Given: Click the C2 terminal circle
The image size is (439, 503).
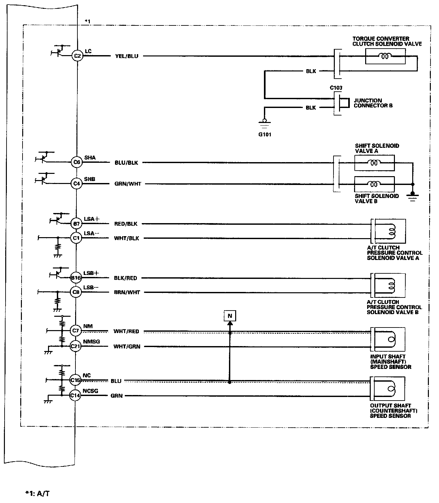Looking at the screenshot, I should coord(77,56).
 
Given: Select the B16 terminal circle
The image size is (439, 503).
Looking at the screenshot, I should coord(76,278).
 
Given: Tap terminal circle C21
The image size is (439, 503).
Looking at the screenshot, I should coord(75,346).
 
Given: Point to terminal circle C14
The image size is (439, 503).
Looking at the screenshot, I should coord(75,396).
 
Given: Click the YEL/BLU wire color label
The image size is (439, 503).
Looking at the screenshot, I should coord(127,56).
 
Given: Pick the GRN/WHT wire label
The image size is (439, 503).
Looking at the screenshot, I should coord(128,184).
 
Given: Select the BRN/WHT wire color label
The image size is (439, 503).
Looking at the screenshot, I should coord(127,292).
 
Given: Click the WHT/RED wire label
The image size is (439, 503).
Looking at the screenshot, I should coord(126,331).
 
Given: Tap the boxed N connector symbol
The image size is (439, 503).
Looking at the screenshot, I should coord(230,316).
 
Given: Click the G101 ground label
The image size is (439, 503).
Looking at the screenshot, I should coord(265,134).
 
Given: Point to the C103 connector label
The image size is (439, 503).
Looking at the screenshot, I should coord(336,88).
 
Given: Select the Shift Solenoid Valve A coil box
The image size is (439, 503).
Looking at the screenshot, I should coord(374,162).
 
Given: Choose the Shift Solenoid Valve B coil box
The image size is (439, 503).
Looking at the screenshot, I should coord(374,184).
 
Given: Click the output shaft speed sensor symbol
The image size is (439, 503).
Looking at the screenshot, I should coord(389,389).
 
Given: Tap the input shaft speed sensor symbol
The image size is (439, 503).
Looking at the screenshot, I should coord(389,339).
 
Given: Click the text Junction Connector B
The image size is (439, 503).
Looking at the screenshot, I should coord(373,103).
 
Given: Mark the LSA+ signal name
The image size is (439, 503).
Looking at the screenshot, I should coord(91,219).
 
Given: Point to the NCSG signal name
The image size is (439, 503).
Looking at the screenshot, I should coord(90,391).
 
